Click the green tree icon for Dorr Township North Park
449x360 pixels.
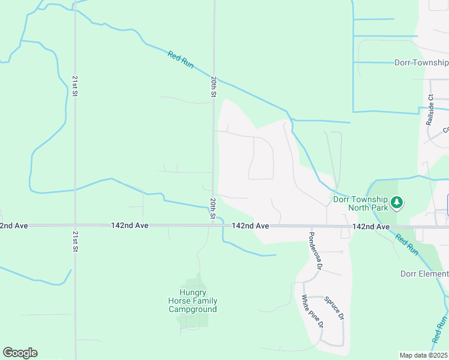click(396, 203)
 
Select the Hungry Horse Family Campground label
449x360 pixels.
click(193, 301)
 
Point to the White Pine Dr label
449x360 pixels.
click(313, 311)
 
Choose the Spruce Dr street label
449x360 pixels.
click(334, 307)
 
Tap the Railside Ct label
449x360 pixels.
click(430, 109)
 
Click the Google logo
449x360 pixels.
click(20, 353)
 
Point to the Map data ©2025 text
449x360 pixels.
click(423, 355)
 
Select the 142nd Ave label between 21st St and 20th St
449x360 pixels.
click(129, 226)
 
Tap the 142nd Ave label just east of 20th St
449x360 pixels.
click(250, 226)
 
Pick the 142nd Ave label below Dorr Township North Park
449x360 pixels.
click(372, 226)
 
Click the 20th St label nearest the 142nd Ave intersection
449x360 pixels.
click(213, 208)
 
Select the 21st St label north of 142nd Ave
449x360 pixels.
click(75, 86)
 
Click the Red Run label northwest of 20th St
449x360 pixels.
click(181, 59)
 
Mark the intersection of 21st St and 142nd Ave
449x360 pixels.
click(75, 226)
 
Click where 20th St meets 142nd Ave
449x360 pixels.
click(212, 226)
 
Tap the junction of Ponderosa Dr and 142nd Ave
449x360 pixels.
click(308, 226)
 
